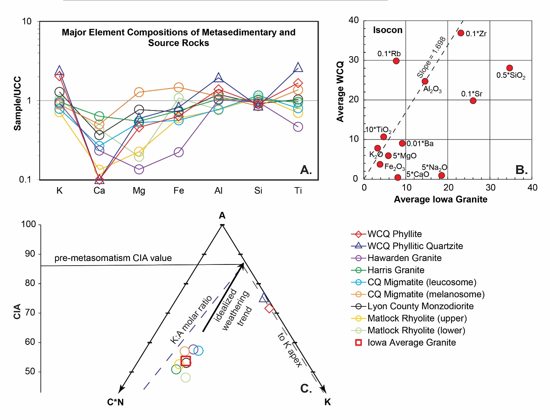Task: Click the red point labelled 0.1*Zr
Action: (461, 33)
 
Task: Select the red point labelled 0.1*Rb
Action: (396, 61)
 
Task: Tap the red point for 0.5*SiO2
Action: (510, 68)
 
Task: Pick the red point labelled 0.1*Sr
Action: (473, 101)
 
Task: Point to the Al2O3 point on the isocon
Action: (425, 81)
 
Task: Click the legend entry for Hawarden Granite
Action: (404, 258)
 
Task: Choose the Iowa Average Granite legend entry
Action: (411, 343)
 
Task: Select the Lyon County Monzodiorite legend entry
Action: (420, 306)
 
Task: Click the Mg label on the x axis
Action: (139, 191)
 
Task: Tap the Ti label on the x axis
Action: (298, 191)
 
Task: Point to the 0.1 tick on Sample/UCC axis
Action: (25, 180)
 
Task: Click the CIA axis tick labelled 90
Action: (30, 254)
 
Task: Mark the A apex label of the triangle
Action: (222, 216)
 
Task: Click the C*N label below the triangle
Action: (115, 403)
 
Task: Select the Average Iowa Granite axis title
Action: (440, 199)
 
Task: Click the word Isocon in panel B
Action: (388, 30)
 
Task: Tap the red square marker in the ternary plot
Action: (186, 361)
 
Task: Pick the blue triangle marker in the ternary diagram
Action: (264, 298)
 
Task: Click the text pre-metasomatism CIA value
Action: (113, 258)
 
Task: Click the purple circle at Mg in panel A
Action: (139, 169)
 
